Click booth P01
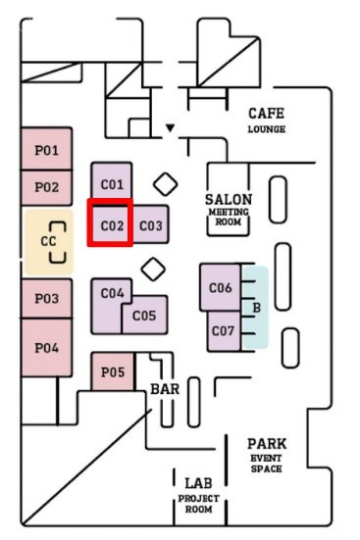[x=47, y=150]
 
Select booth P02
[x=47, y=186]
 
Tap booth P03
[x=47, y=298]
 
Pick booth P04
[x=47, y=347]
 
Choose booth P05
[x=113, y=372]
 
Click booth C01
[x=112, y=183]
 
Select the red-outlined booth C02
[x=111, y=224]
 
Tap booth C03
[x=150, y=225]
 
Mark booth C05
[x=144, y=316]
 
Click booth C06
[x=221, y=287]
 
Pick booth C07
[x=223, y=330]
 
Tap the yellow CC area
[x=48, y=240]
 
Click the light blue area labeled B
[x=257, y=308]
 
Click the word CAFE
[x=266, y=114]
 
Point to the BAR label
[x=165, y=389]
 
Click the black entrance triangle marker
[x=170, y=127]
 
